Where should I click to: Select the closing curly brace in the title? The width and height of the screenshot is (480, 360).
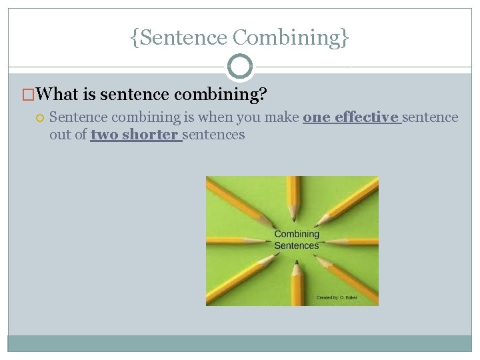pos(345,38)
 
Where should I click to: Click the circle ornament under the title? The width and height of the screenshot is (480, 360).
pos(240,67)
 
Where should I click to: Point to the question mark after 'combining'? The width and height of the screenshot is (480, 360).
pos(263,95)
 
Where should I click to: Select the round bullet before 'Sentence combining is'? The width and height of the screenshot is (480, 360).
pos(39,118)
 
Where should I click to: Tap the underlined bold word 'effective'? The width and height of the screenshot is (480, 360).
pos(366,117)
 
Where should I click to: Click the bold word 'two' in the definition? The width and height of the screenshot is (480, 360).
pos(104,135)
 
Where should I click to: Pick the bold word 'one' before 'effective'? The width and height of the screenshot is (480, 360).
pos(317,117)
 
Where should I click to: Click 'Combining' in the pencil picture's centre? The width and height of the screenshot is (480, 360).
pos(297,234)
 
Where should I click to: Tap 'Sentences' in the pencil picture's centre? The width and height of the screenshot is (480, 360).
pos(297,245)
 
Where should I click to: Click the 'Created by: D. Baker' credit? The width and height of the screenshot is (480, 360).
pos(337,297)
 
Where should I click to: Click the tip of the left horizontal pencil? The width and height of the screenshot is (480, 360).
pos(268,240)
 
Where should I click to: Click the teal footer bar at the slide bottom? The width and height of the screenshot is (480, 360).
pos(240,343)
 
